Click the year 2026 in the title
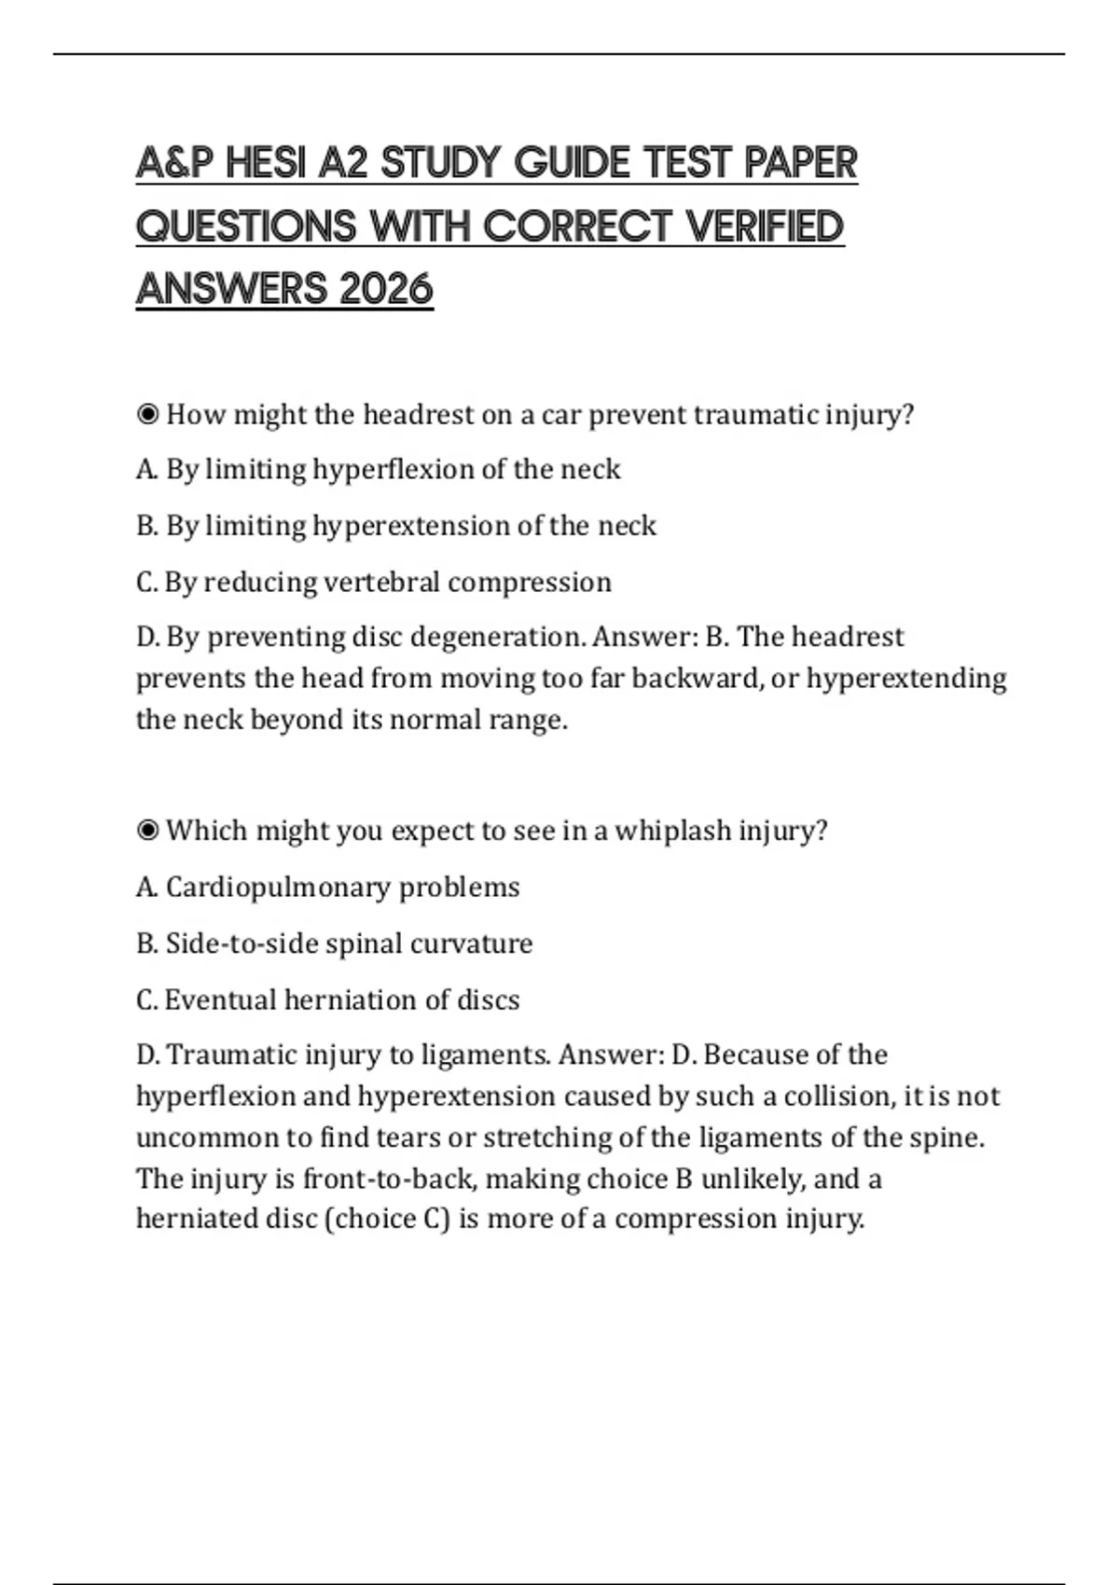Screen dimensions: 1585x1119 tap(386, 288)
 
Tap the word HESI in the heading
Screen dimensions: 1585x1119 tap(265, 163)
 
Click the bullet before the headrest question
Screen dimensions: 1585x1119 tap(147, 414)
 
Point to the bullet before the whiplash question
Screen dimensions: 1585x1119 tap(147, 830)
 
